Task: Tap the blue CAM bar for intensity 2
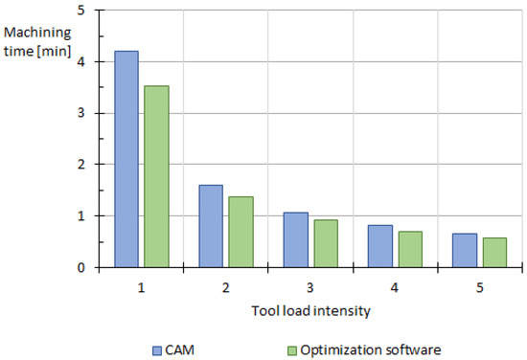(x=211, y=226)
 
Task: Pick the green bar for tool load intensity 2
(x=241, y=232)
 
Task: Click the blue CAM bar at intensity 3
(x=296, y=239)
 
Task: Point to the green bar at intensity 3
(x=326, y=243)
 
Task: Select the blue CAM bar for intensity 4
(x=381, y=246)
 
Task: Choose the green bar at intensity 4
(x=411, y=249)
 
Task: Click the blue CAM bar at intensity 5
(x=465, y=250)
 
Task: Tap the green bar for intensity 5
(x=494, y=252)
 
